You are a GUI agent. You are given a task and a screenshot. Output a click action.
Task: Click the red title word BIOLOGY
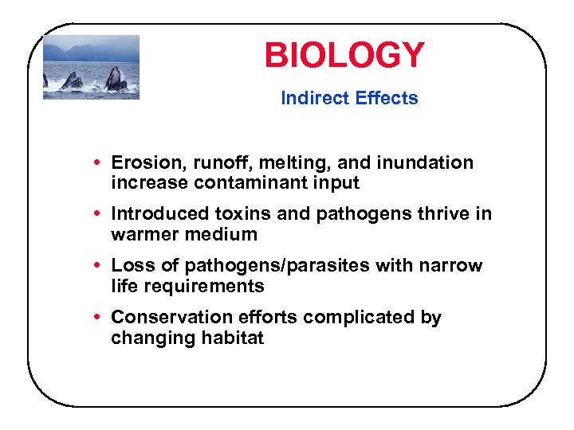(344, 56)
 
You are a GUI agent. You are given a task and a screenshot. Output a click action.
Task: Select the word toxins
(243, 213)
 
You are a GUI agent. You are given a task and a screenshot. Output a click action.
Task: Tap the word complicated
(360, 317)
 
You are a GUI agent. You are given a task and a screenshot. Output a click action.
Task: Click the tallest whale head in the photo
(115, 78)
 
